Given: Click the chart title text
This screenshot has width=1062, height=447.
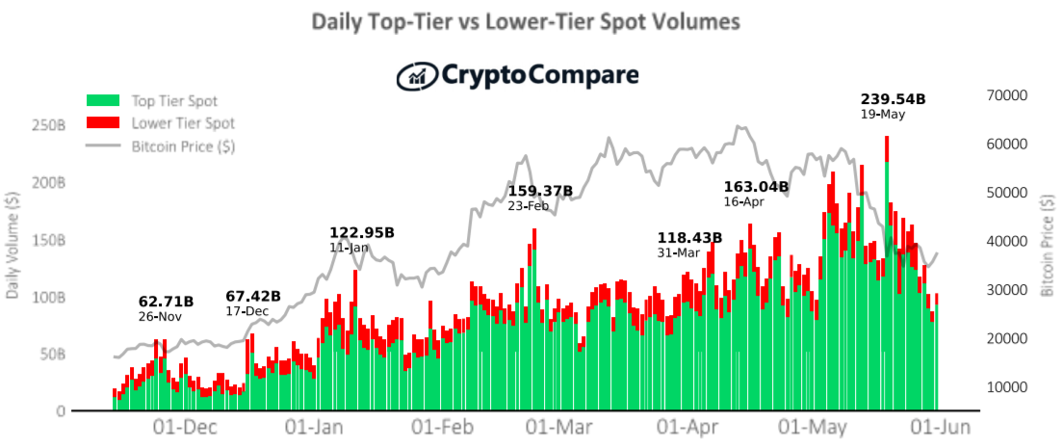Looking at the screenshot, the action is pos(525,21).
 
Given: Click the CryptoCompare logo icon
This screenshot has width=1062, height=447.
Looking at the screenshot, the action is pos(417,76).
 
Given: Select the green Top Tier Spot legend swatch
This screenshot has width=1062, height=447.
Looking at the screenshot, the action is pos(103,101).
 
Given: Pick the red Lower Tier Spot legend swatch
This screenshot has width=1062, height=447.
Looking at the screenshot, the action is pos(103,122).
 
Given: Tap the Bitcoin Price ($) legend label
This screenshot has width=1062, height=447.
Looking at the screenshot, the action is pos(184,146).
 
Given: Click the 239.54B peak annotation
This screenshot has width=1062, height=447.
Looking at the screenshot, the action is pos(893,99).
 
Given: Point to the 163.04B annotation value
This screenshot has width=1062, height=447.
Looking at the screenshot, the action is pos(757,186).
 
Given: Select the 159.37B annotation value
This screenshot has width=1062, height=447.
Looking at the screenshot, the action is pos(540,191).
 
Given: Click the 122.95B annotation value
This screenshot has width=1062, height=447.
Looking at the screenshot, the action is pos(362,232).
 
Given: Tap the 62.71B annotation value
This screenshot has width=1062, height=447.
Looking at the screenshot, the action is pos(166,301).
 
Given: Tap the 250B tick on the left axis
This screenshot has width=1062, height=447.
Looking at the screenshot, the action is pos(48,126).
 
